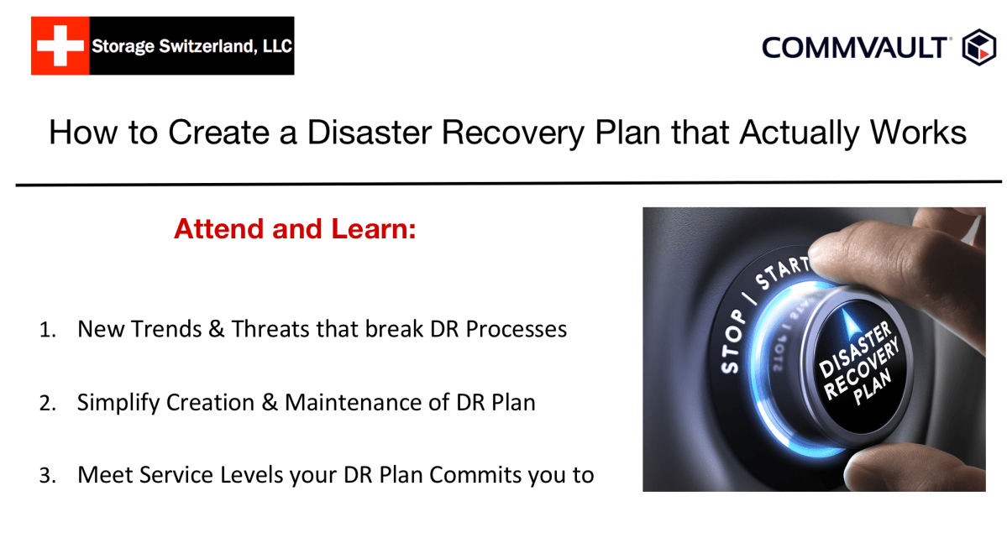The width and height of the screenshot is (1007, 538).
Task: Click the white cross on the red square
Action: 60,46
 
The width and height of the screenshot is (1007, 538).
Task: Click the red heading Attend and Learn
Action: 295,228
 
